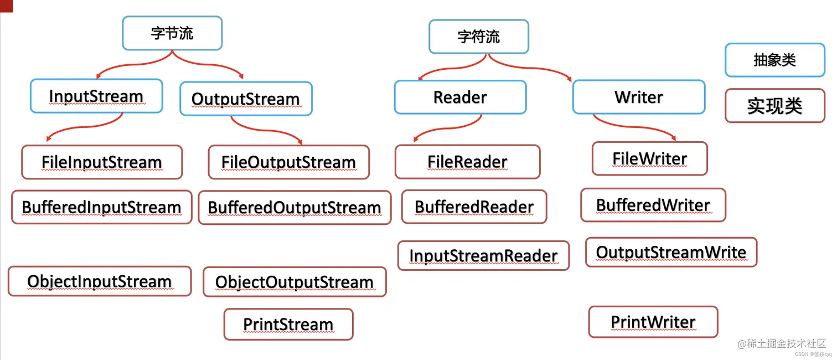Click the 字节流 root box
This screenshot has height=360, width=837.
172,33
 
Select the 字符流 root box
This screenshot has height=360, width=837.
479,37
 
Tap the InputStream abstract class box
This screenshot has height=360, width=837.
96,96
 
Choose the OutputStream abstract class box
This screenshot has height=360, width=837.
246,99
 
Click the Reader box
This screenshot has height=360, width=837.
460,97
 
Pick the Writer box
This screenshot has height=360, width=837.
638,97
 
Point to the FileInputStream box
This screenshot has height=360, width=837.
102,162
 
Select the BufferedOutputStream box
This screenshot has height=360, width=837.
294,208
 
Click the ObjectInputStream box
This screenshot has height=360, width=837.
100,281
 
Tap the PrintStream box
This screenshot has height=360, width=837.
288,324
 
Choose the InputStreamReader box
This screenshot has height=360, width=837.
483,256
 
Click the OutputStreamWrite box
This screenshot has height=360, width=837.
671,253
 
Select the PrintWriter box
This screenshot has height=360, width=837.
653,322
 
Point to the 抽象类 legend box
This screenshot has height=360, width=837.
774,60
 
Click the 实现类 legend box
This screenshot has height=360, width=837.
774,106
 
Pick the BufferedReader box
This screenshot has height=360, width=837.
474,207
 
